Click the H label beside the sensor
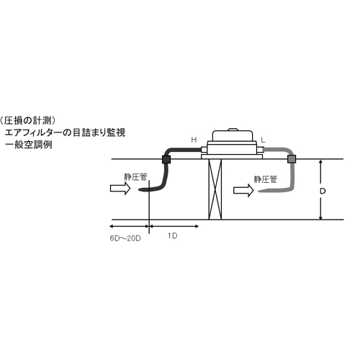(x=194, y=140)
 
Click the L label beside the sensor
(x=263, y=140)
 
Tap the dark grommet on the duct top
(x=166, y=159)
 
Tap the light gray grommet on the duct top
(x=292, y=159)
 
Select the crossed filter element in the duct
(x=215, y=189)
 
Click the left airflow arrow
(x=120, y=188)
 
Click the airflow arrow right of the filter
(x=243, y=190)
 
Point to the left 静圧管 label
(x=135, y=177)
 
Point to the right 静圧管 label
(x=266, y=179)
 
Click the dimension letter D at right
(x=323, y=191)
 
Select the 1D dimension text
(x=173, y=236)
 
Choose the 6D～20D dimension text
(x=125, y=238)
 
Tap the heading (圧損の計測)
(x=27, y=120)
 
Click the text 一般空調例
(x=28, y=145)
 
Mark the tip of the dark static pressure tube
(x=139, y=190)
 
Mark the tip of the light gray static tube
(x=259, y=192)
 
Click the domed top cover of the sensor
(x=233, y=135)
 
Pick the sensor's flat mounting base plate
(x=232, y=157)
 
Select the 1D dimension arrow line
(x=174, y=226)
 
